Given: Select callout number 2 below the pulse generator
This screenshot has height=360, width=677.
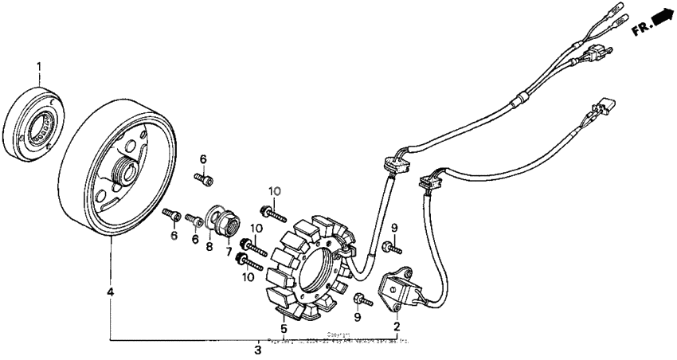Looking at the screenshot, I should pyautogui.click(x=396, y=325).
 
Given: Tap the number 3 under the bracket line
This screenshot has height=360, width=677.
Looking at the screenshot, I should pyautogui.click(x=257, y=350).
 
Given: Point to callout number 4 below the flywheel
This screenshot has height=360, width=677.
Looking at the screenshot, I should pyautogui.click(x=110, y=293).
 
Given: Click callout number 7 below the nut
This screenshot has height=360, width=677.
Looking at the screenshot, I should pyautogui.click(x=229, y=252).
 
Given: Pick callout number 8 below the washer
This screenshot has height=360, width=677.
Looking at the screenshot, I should pyautogui.click(x=210, y=247).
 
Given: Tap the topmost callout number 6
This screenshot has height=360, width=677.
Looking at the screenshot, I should pyautogui.click(x=202, y=158).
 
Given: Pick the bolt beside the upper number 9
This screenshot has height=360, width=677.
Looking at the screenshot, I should pyautogui.click(x=391, y=248).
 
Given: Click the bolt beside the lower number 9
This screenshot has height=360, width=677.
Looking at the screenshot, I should pyautogui.click(x=363, y=300).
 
